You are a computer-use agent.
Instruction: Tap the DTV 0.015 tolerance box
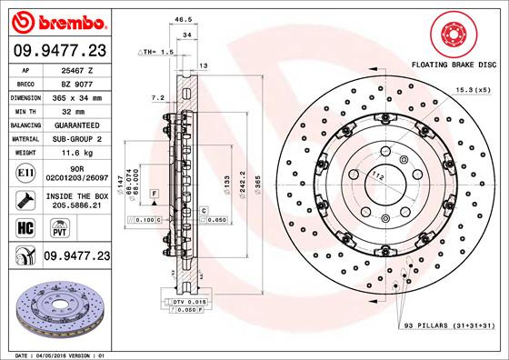(x=185, y=301)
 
